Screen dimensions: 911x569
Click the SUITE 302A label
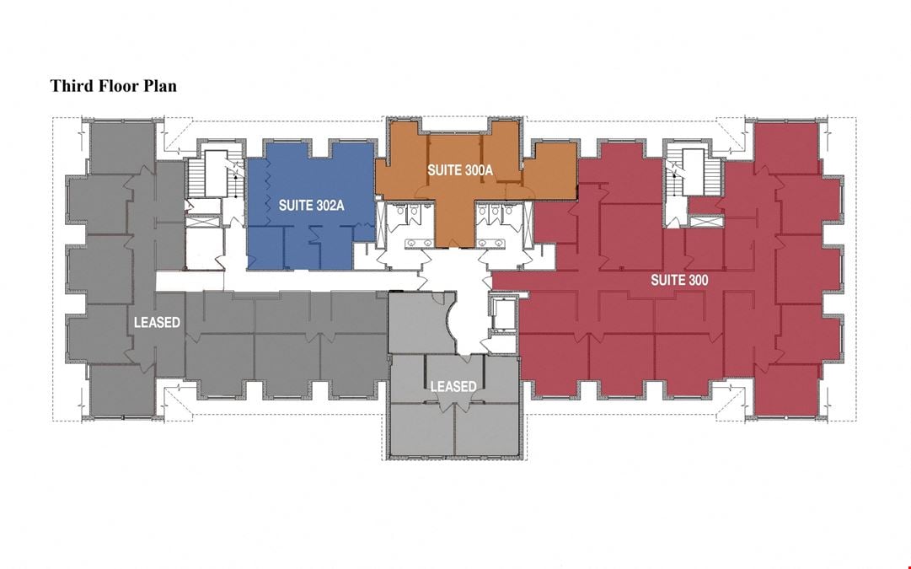tap(312, 205)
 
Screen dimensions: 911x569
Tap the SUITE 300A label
tap(460, 169)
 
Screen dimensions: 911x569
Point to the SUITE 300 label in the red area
tap(679, 280)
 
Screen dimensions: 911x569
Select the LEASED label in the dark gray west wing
tap(157, 322)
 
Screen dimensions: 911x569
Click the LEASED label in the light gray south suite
tap(453, 386)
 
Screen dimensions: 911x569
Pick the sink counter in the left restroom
tap(418, 243)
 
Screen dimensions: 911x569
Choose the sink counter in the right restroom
tap(491, 243)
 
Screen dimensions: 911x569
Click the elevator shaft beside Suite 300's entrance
tap(503, 314)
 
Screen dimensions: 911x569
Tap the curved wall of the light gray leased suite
tap(450, 325)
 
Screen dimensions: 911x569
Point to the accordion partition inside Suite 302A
tap(268, 187)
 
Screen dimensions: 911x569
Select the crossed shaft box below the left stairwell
tap(202, 222)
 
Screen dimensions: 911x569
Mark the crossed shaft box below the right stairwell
tap(706, 221)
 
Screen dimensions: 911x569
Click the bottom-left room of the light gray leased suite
tap(422, 430)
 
